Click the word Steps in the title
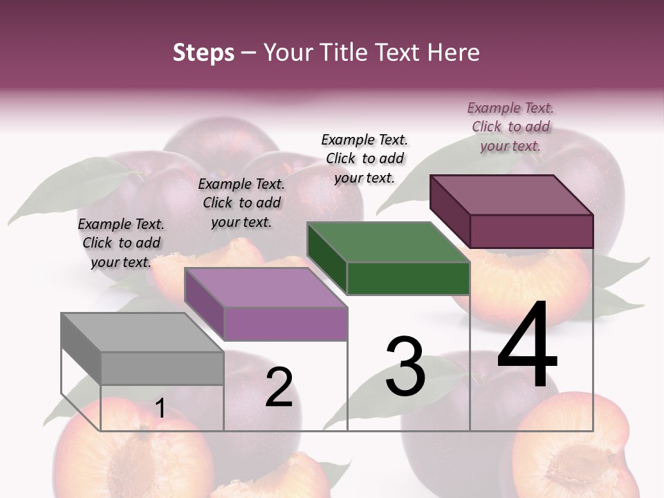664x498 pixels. [x=203, y=53]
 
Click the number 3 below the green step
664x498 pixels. [x=405, y=367]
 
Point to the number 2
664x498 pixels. [x=279, y=387]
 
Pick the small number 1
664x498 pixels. [x=160, y=408]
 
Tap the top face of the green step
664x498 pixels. [x=387, y=242]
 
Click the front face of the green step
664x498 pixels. [x=408, y=278]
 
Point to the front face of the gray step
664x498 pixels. [x=162, y=368]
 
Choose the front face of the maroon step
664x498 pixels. [x=531, y=231]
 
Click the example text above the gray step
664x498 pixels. [x=121, y=243]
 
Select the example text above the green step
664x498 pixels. [x=365, y=158]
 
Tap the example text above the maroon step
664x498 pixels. [x=510, y=127]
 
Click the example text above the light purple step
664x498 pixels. [x=241, y=203]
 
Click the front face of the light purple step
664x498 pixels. [x=285, y=324]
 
